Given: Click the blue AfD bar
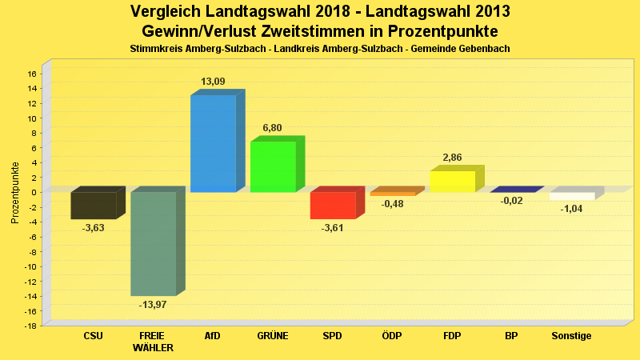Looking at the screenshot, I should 213,143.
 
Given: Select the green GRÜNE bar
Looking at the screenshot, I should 273,166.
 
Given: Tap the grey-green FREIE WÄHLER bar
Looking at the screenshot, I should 153,243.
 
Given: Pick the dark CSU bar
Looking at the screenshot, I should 93,205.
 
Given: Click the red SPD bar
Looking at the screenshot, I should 332,205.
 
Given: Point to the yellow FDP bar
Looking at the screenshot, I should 452,182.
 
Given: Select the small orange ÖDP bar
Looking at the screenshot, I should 392,194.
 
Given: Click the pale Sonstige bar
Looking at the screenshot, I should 572,196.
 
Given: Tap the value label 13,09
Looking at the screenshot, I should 213,82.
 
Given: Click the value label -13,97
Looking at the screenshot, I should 153,305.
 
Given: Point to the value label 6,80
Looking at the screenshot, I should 272,128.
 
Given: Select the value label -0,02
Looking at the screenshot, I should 511,201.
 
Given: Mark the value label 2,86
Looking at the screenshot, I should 452,158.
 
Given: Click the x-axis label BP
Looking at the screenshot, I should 511,336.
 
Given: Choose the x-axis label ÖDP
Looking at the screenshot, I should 392,336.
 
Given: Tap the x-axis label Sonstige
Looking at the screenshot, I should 571,336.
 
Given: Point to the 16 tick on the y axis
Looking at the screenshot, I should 32,74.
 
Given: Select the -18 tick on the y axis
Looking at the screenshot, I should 30,326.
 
